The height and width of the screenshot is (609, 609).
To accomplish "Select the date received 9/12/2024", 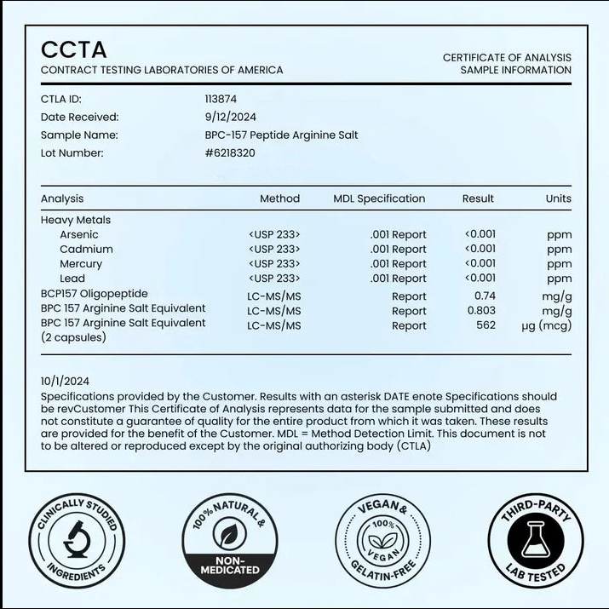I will (x=230, y=117).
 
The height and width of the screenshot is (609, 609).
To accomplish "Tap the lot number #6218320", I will (x=229, y=153).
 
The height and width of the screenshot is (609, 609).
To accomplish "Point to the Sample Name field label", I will (x=79, y=135).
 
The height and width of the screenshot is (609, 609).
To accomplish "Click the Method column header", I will (x=279, y=198).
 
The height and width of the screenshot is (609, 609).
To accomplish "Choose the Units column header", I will (x=559, y=198).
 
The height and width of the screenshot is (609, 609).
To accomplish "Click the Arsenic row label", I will (x=79, y=234).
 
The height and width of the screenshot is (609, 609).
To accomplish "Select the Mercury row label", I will (x=81, y=264).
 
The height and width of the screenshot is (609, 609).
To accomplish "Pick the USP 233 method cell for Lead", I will (x=274, y=279).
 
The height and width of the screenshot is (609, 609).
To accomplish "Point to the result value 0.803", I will (x=482, y=311).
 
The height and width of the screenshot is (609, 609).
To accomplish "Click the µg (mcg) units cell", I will (x=546, y=325).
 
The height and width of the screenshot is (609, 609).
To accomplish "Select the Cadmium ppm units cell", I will (x=560, y=250).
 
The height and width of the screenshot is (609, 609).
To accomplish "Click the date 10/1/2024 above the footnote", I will (x=65, y=382).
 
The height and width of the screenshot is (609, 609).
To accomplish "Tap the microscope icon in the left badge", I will (x=72, y=543).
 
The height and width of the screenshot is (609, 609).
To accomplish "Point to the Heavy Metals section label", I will (x=76, y=220).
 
